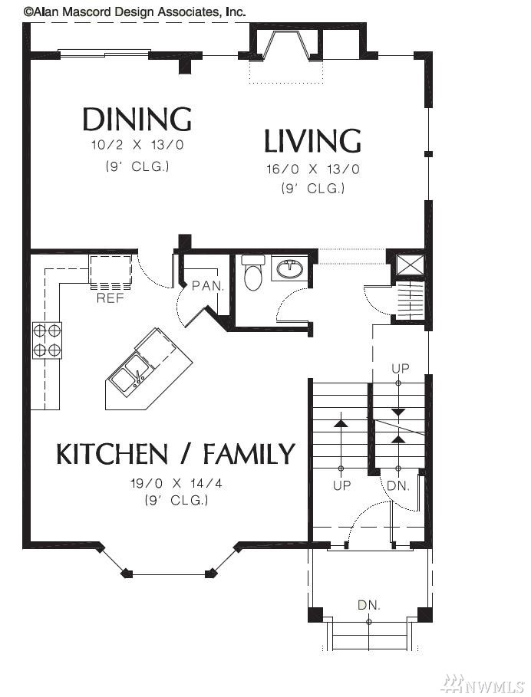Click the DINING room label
point(137,119)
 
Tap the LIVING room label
point(312,140)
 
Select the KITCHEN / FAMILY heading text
point(176,453)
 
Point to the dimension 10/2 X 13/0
point(137,145)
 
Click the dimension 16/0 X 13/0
point(313,169)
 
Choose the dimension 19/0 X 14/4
point(176,483)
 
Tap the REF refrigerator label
point(110,298)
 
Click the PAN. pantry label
point(208,286)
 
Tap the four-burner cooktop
point(47,340)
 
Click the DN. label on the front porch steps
point(369,605)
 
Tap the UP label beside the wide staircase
point(341,485)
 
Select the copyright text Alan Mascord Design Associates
point(134,12)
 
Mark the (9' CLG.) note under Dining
point(137,166)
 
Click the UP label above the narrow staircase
point(401,369)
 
